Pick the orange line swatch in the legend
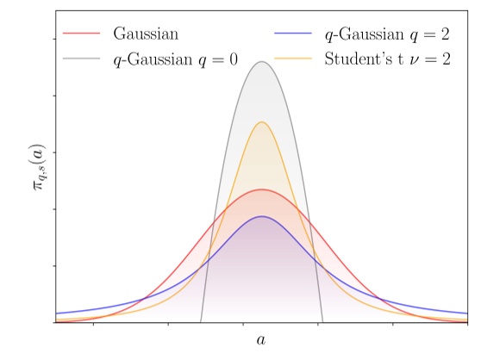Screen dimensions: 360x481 pos(293,60)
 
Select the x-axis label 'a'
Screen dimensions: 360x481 pos(261,340)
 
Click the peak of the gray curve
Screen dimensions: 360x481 pos(261,61)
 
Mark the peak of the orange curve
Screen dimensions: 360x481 pos(261,122)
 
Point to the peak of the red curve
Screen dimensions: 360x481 pos(261,189)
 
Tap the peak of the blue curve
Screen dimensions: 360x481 pos(261,216)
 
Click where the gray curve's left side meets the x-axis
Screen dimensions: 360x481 pos(200,322)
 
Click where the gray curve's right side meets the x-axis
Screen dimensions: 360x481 pos(322,322)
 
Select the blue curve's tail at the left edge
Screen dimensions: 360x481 pos(58,313)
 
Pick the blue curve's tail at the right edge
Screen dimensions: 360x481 pos(465,313)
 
